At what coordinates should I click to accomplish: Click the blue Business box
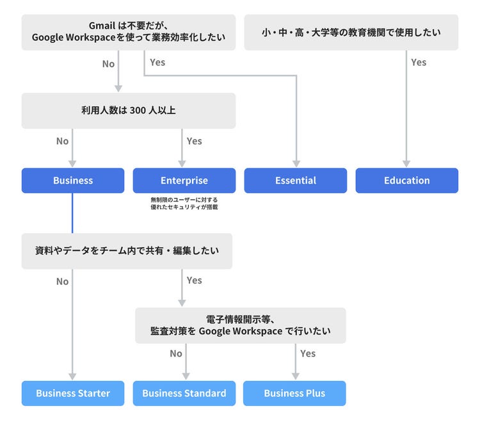[73, 181]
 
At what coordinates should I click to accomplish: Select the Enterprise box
[184, 181]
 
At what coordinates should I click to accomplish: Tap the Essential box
[296, 181]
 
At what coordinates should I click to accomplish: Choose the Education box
[407, 181]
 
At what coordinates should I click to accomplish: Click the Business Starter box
[73, 393]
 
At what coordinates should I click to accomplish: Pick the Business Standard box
[184, 393]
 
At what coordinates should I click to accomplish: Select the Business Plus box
[294, 393]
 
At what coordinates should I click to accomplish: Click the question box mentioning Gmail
[129, 32]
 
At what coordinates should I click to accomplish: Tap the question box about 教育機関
[351, 32]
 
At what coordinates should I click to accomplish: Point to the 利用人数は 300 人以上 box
[129, 111]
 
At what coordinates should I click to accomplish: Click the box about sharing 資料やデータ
[127, 251]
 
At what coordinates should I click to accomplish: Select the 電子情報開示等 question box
[241, 325]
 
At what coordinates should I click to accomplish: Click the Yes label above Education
[419, 62]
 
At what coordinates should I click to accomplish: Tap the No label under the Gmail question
[108, 63]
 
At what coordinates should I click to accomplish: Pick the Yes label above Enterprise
[194, 141]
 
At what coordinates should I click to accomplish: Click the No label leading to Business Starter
[62, 281]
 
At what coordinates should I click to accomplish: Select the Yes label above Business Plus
[308, 353]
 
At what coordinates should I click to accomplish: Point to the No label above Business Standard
[176, 353]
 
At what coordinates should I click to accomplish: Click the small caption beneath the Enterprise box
[184, 204]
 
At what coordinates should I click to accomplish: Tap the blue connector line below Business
[72, 213]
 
